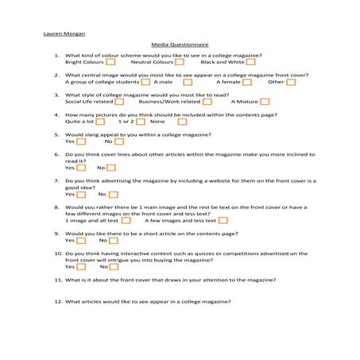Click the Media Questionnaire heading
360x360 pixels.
pos(180,45)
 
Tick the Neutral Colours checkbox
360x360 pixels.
pos(180,62)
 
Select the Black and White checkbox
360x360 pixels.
pos(252,62)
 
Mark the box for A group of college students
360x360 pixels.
pos(146,82)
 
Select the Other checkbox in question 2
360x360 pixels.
pos(291,82)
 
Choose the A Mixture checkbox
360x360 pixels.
pos(265,102)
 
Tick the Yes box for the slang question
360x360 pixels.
pos(81,141)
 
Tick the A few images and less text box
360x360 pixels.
pos(223,220)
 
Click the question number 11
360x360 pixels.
pos(58,280)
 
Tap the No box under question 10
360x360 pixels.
pos(114,267)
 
